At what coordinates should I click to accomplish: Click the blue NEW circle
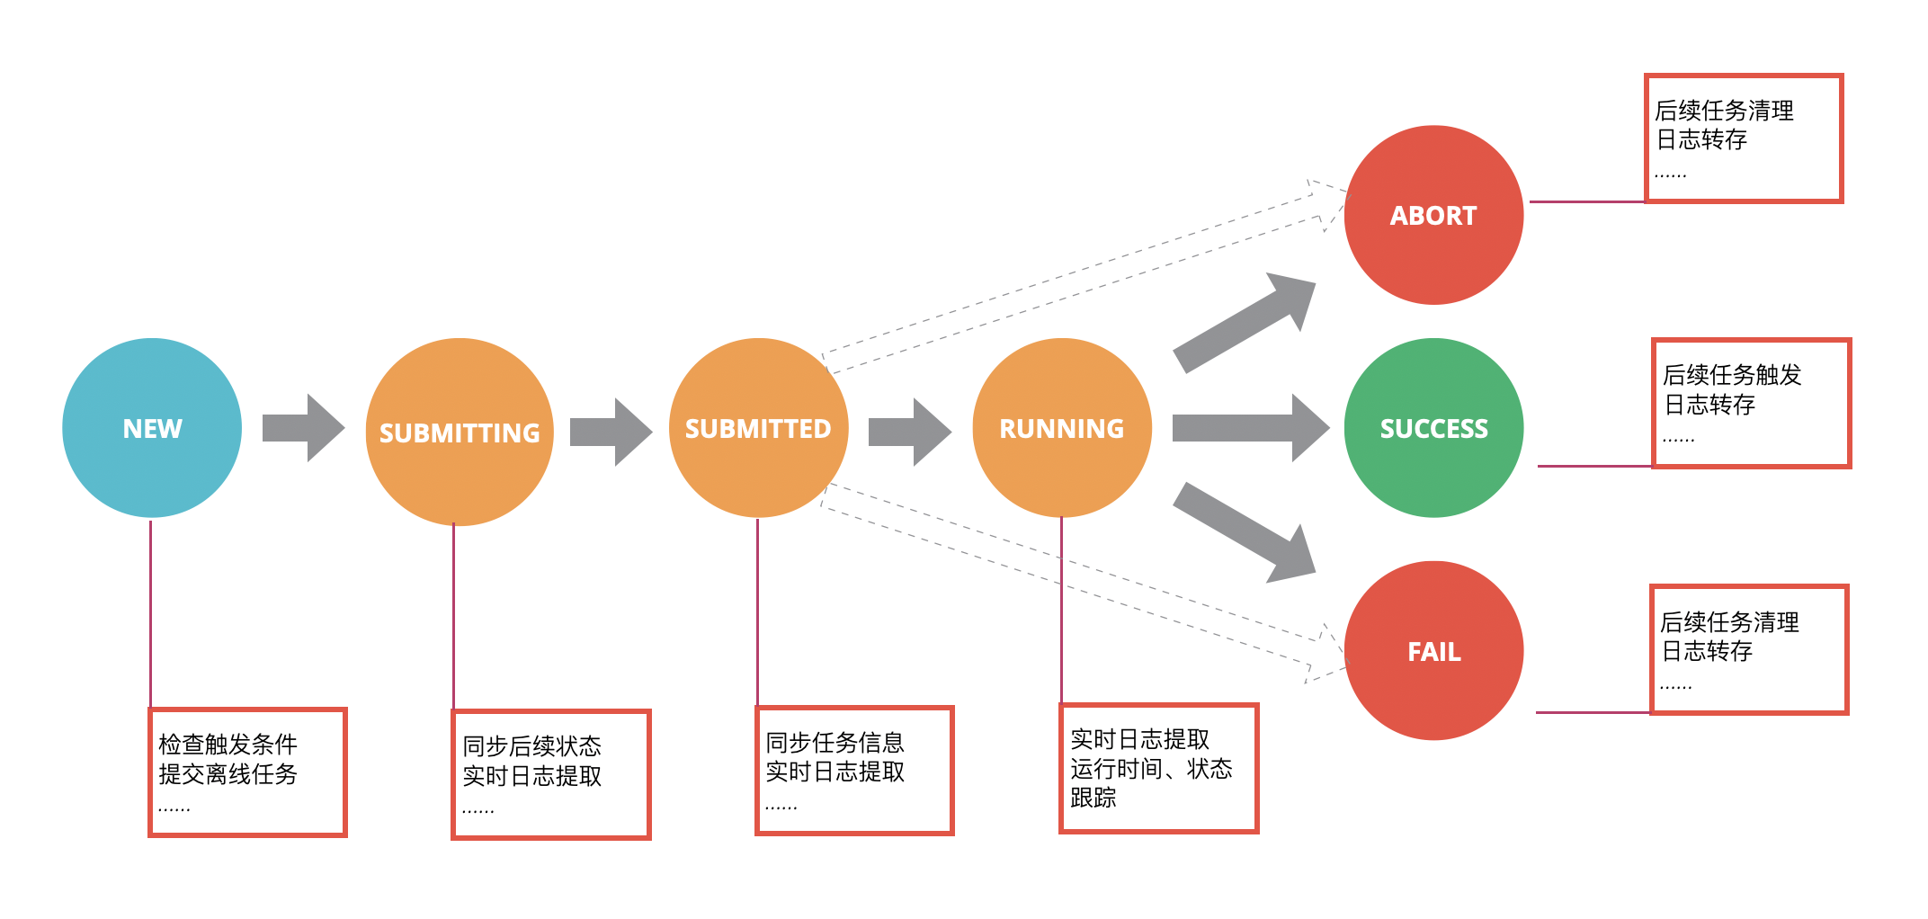(152, 428)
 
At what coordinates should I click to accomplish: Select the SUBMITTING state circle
(460, 433)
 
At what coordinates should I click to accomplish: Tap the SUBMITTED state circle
(758, 428)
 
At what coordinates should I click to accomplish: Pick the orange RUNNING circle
(1062, 428)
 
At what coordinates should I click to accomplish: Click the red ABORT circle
(1433, 215)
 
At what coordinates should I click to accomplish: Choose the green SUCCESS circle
(1433, 428)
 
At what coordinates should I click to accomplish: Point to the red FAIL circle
(1433, 651)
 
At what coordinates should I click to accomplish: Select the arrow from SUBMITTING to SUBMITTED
(611, 432)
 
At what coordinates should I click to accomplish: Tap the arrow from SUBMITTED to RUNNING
(909, 432)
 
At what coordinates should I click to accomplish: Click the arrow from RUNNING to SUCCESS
(1250, 428)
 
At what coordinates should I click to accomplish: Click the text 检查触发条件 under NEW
(228, 745)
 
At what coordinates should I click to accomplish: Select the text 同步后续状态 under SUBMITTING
(531, 746)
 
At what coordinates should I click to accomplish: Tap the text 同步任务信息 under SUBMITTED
(835, 743)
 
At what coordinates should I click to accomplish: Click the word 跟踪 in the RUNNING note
(1093, 798)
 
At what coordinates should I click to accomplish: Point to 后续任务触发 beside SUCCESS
(1732, 375)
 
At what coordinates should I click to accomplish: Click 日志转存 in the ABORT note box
(1701, 139)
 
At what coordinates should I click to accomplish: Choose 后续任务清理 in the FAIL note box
(1729, 622)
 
